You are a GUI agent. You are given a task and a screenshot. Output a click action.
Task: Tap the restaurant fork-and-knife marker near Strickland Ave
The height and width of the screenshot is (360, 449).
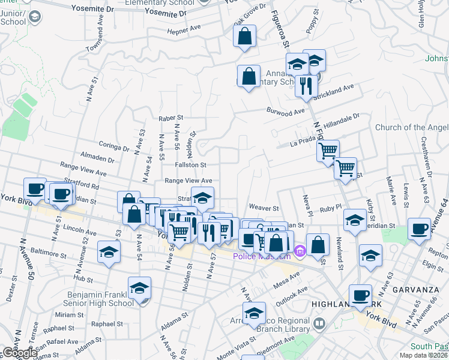coord(306,86)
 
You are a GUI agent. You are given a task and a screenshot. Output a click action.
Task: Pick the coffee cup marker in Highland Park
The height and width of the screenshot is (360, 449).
coord(360,295)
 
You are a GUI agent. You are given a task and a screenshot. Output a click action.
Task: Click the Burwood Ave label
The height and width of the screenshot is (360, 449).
coord(286,112)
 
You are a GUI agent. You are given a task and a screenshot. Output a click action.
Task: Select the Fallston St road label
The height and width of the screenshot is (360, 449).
coord(190,164)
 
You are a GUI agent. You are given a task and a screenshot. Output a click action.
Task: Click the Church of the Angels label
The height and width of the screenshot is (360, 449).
coord(411,127)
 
